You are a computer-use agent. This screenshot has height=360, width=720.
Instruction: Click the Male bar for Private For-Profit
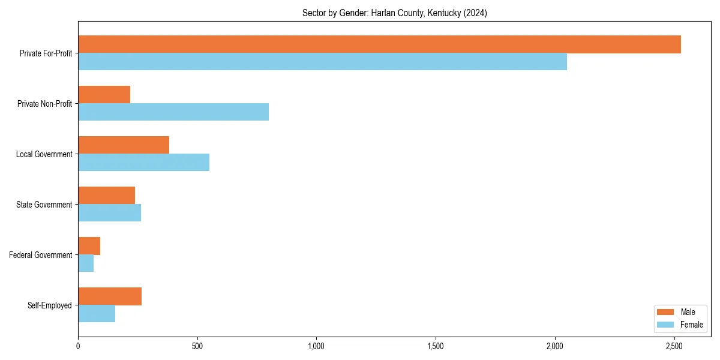(379, 44)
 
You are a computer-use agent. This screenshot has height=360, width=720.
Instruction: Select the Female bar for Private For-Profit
(322, 62)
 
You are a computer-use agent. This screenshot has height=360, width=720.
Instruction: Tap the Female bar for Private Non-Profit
(173, 112)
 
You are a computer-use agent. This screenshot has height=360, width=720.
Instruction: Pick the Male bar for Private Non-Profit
(104, 95)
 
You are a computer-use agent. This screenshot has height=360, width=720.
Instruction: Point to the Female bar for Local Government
(143, 163)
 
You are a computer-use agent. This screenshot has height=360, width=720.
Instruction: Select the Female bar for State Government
(109, 213)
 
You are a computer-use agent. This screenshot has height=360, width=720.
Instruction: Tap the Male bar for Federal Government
(89, 246)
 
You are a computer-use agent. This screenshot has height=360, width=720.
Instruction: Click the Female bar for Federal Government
(86, 263)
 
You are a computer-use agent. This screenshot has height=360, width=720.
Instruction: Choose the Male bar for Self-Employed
(110, 296)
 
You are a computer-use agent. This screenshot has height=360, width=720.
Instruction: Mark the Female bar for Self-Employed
(97, 314)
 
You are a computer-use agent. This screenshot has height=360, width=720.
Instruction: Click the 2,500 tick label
(674, 346)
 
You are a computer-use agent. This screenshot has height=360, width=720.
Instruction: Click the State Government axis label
(44, 205)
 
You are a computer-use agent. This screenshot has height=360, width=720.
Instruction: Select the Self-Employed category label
(49, 305)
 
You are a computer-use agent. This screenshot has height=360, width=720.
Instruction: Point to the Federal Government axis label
(41, 255)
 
